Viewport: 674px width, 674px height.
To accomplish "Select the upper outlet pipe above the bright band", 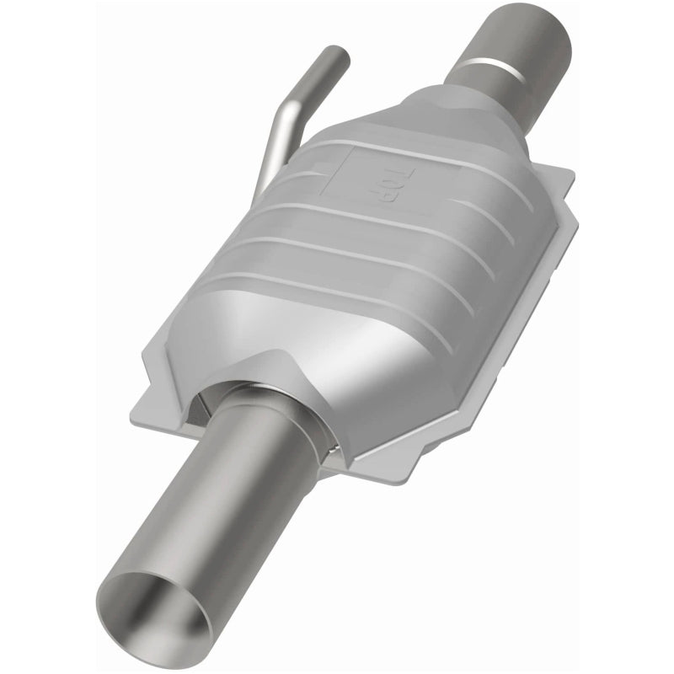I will click(531, 34).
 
